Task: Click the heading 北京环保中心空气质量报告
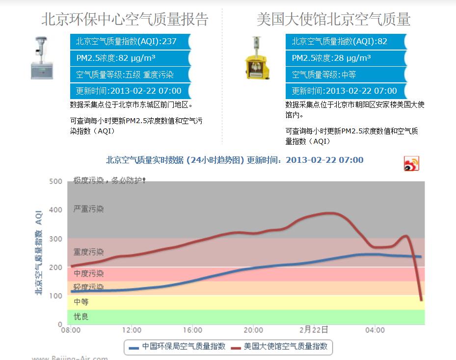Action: tap(125, 19)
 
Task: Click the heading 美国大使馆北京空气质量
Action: tap(333, 19)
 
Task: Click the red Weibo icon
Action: tap(411, 163)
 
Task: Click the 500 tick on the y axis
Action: tap(56, 181)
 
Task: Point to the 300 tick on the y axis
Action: tap(56, 239)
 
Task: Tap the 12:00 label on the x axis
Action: tap(132, 330)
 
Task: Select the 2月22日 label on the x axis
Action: tap(314, 330)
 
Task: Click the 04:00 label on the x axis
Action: tap(375, 330)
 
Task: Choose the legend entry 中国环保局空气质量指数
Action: tap(177, 346)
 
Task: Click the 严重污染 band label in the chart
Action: tap(88, 209)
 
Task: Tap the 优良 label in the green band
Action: tap(81, 317)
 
